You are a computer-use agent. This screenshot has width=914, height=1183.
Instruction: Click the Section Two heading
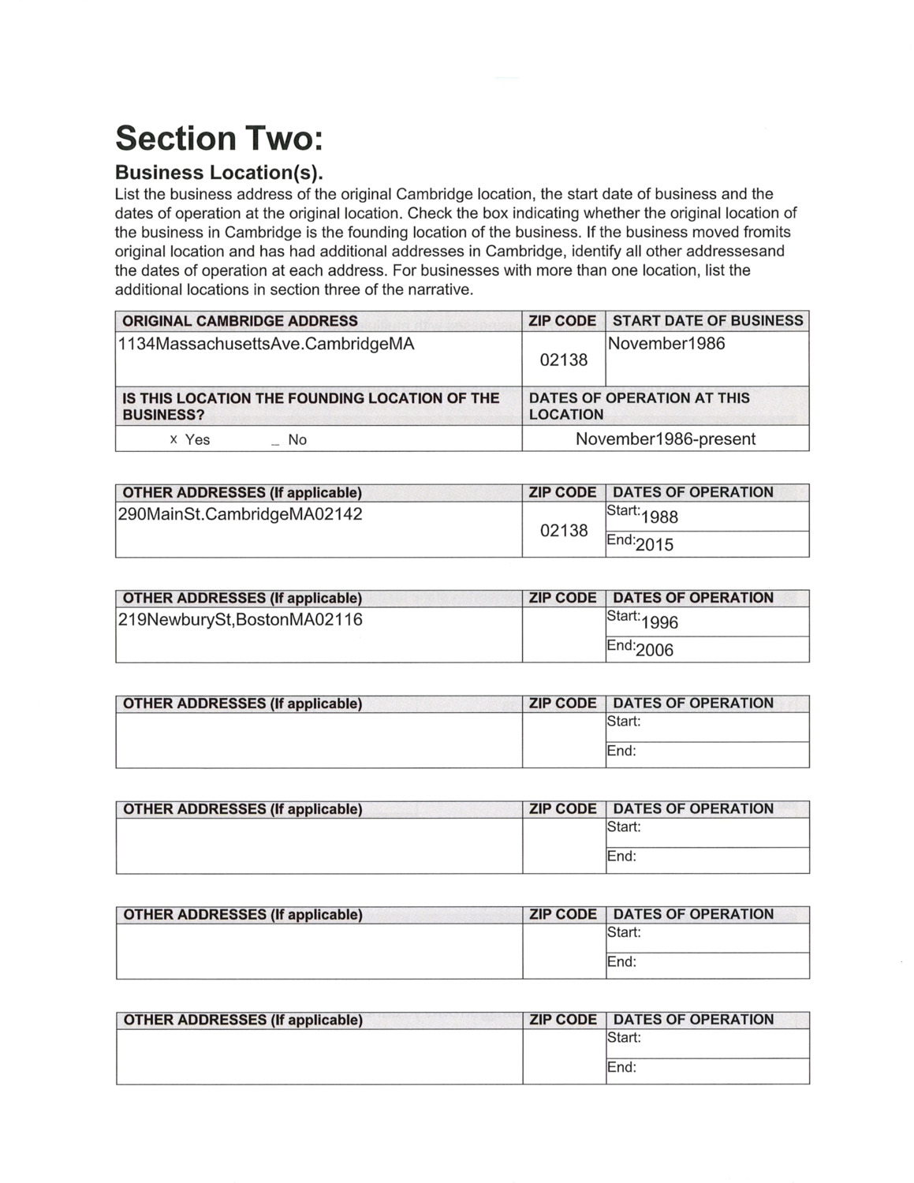(x=218, y=138)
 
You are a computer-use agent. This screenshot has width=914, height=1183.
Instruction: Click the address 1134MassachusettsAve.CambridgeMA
(x=266, y=344)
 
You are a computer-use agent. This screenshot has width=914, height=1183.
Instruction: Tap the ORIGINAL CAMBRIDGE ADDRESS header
(x=240, y=321)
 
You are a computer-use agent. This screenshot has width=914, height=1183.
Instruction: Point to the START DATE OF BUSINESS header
(x=707, y=321)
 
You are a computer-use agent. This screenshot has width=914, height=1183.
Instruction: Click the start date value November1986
(x=666, y=344)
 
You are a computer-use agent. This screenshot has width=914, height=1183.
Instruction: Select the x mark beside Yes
(x=173, y=439)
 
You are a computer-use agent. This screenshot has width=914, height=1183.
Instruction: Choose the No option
(x=297, y=440)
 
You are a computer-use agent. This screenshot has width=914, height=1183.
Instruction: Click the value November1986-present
(x=666, y=439)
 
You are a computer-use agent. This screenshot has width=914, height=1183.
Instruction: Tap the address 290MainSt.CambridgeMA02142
(x=240, y=514)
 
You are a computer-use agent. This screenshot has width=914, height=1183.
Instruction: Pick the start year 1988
(x=660, y=517)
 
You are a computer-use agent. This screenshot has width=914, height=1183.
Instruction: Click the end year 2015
(x=655, y=544)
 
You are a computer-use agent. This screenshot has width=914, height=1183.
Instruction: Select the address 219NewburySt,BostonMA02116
(x=240, y=620)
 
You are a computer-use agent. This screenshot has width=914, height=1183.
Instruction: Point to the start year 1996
(x=660, y=623)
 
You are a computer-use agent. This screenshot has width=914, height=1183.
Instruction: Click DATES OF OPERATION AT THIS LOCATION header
(x=639, y=406)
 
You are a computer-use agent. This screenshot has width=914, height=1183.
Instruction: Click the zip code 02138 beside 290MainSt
(x=564, y=531)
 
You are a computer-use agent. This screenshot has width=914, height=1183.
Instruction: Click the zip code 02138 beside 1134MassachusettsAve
(x=564, y=360)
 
